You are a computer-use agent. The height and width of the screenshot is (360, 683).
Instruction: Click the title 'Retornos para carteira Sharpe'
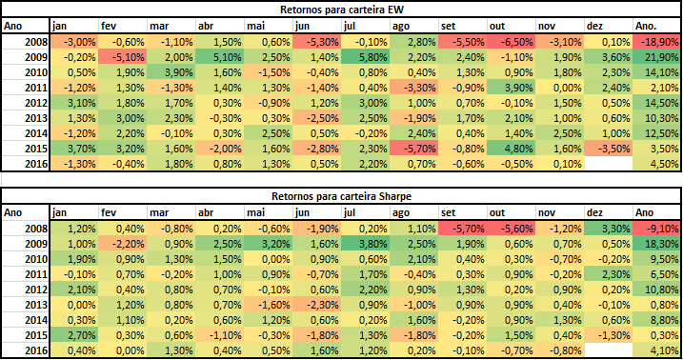341,196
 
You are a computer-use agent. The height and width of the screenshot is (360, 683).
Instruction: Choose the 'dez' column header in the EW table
607,26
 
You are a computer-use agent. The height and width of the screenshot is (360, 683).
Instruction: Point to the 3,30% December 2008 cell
607,229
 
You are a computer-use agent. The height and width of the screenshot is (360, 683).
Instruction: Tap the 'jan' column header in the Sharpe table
72,212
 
